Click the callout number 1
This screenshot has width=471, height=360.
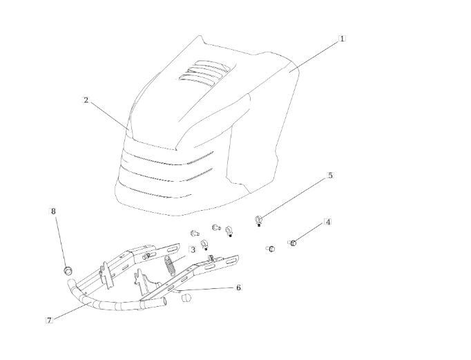tap(342, 39)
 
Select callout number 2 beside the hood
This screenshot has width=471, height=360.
tap(86, 100)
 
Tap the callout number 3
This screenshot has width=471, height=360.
tap(192, 249)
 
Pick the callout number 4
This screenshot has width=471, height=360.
tap(328, 222)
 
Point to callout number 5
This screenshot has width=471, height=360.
tap(330, 176)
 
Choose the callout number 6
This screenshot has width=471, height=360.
tap(238, 287)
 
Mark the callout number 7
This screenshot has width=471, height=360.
tap(49, 320)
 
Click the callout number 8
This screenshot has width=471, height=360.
tap(53, 211)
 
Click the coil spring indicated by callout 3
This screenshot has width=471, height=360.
tap(170, 265)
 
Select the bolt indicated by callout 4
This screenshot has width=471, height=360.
tap(293, 243)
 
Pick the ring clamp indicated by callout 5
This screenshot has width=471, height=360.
tap(258, 221)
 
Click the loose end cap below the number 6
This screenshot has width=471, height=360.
tap(186, 298)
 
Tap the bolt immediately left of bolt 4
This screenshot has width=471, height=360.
tap(271, 249)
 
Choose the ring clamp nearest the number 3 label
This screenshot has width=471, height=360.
tap(204, 245)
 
